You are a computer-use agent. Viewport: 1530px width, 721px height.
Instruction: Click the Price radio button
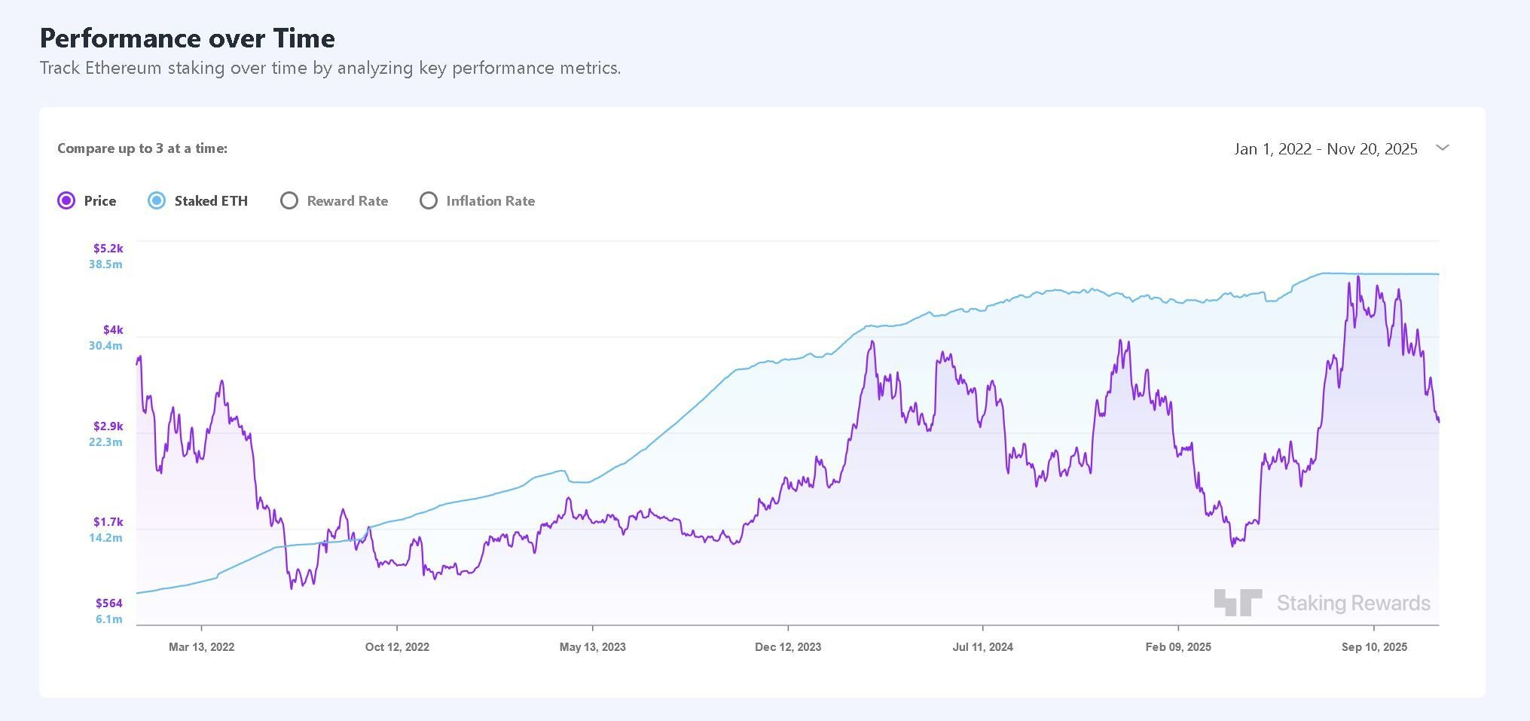pyautogui.click(x=66, y=200)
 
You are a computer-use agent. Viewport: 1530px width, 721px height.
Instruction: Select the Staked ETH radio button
pyautogui.click(x=157, y=200)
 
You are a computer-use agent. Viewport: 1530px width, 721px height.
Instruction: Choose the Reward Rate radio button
pyautogui.click(x=289, y=200)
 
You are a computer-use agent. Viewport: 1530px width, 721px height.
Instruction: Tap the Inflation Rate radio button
pyautogui.click(x=429, y=200)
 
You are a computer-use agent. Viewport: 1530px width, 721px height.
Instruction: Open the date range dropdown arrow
pyautogui.click(x=1443, y=148)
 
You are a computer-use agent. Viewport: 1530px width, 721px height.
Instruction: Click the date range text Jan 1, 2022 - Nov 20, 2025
pyautogui.click(x=1325, y=149)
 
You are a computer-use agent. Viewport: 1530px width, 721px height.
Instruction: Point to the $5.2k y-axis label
pyautogui.click(x=108, y=248)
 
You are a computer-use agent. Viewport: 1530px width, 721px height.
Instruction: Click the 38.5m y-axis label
pyautogui.click(x=105, y=264)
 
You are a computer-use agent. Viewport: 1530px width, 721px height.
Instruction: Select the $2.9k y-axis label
pyautogui.click(x=108, y=426)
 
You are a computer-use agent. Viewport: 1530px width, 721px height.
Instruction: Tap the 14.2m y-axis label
pyautogui.click(x=105, y=537)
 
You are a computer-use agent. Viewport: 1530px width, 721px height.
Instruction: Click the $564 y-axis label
pyautogui.click(x=108, y=603)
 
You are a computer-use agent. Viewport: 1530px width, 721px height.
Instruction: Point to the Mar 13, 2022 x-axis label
pyautogui.click(x=201, y=646)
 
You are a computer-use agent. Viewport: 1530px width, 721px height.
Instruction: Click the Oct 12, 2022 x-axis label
pyautogui.click(x=397, y=646)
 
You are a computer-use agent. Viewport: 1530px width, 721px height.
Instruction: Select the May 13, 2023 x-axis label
pyautogui.click(x=592, y=646)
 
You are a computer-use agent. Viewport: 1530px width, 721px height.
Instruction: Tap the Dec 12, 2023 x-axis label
pyautogui.click(x=788, y=646)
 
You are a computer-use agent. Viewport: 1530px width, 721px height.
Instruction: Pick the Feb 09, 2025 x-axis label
pyautogui.click(x=1178, y=646)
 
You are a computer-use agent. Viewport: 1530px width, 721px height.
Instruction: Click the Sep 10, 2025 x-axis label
pyautogui.click(x=1374, y=646)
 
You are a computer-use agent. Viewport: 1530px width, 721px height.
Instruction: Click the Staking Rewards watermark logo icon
pyautogui.click(x=1237, y=602)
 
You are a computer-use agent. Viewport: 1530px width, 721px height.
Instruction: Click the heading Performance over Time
pyautogui.click(x=187, y=38)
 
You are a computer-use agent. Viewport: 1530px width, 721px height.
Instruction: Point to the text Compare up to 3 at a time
pyautogui.click(x=142, y=148)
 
